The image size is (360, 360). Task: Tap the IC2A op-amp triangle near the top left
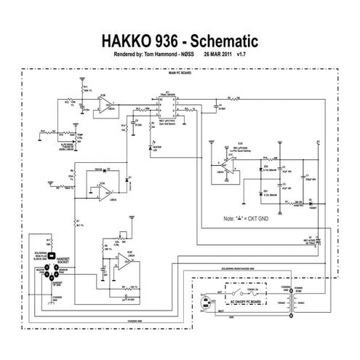pos(108,108)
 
